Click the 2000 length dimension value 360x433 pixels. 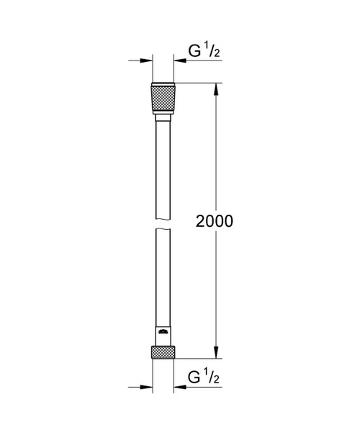pos(215,221)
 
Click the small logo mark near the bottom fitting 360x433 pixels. pos(162,333)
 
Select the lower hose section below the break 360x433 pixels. pos(162,281)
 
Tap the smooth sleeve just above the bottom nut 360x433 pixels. pos(162,337)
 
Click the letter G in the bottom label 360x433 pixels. pos(193,377)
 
